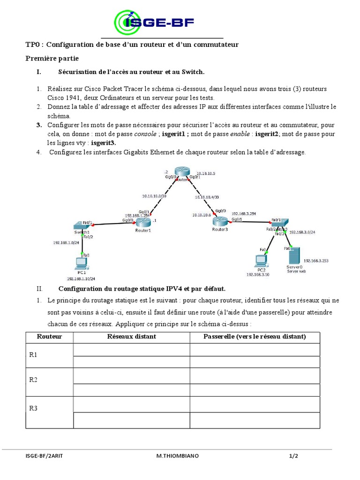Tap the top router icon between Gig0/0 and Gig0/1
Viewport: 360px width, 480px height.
[x=181, y=173]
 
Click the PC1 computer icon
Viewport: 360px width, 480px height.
[x=82, y=262]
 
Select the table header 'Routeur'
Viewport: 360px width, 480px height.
[x=49, y=337]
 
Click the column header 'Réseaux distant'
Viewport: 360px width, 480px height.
[x=131, y=337]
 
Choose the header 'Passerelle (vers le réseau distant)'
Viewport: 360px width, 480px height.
[x=255, y=337]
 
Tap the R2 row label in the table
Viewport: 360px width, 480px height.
[x=33, y=380]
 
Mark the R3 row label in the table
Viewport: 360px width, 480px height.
[x=33, y=408]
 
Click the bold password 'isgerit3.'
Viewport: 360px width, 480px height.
[x=103, y=143]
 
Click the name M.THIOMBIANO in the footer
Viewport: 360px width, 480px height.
[x=177, y=456]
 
